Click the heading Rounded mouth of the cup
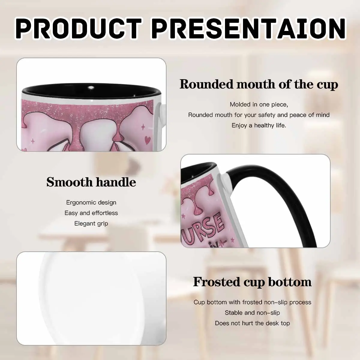[x=259, y=84]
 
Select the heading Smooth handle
[x=91, y=182]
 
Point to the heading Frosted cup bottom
[x=252, y=282]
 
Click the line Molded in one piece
[x=259, y=104]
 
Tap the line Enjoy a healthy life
[x=259, y=125]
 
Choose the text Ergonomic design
[x=91, y=202]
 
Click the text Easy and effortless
[x=91, y=213]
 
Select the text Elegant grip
[x=91, y=223]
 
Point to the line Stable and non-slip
[x=252, y=313]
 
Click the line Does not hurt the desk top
[x=252, y=323]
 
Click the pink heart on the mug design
[x=148, y=140]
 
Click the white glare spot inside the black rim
[x=91, y=87]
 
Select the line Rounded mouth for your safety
[x=259, y=115]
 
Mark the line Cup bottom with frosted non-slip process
[x=252, y=302]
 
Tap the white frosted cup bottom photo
[x=91, y=298]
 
